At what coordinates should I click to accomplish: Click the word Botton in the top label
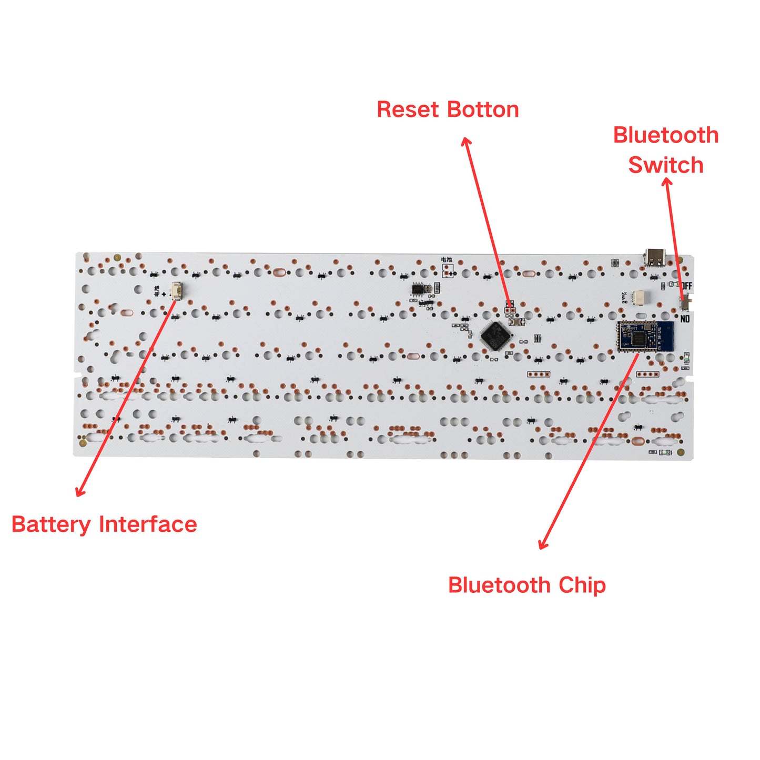point(483,110)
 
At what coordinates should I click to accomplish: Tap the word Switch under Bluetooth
point(666,165)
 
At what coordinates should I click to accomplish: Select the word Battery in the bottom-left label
point(51,525)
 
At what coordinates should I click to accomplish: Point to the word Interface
point(148,524)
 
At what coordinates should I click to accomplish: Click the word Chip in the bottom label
point(582,585)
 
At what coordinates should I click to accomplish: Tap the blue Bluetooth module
point(645,336)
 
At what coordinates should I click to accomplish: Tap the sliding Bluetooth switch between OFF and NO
point(686,301)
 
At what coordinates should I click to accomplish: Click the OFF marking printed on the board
point(687,286)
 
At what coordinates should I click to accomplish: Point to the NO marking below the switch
point(685,319)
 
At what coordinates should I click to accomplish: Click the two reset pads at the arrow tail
point(510,310)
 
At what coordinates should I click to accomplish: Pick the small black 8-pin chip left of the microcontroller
point(418,289)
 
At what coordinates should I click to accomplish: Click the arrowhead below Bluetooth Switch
point(667,181)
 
